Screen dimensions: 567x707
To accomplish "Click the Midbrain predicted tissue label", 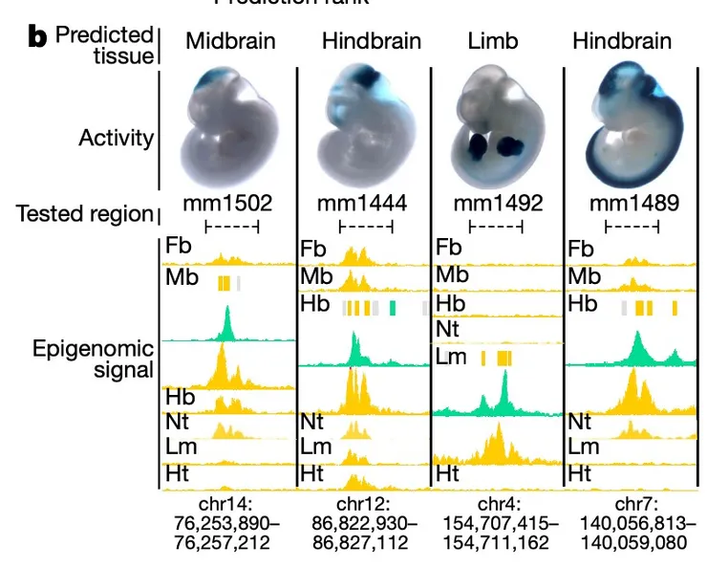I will pos(230,41).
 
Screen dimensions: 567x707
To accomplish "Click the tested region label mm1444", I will pos(364,203).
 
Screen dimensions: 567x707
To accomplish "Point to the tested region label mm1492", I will pos(498,203).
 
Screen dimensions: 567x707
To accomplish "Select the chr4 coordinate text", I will pos(498,523).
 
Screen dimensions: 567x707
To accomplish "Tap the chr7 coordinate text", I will pos(632,523).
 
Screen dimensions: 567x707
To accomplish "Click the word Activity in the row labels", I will pos(116,138).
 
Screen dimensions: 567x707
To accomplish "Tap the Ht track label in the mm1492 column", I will pos(448,473).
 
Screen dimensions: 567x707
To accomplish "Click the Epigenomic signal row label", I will pos(110,360).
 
